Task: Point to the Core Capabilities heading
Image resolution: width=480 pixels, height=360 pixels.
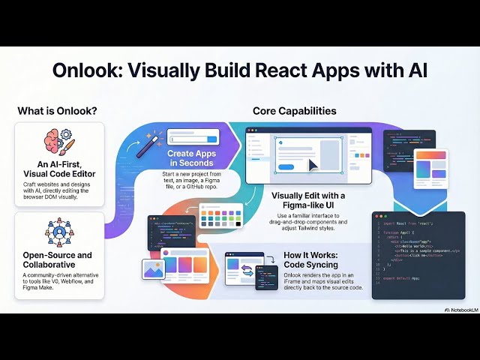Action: pyautogui.click(x=294, y=111)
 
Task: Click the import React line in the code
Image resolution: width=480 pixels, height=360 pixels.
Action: pyautogui.click(x=405, y=223)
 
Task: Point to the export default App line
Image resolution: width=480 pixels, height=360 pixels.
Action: pyautogui.click(x=403, y=277)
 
